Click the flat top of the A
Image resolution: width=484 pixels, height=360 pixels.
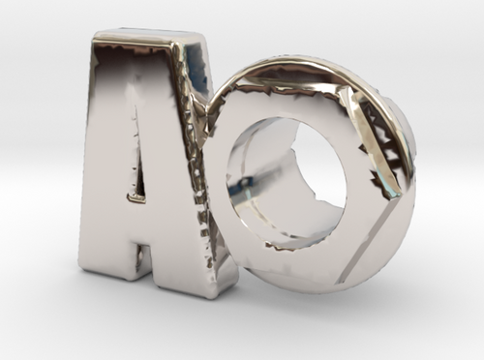tap(145, 39)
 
